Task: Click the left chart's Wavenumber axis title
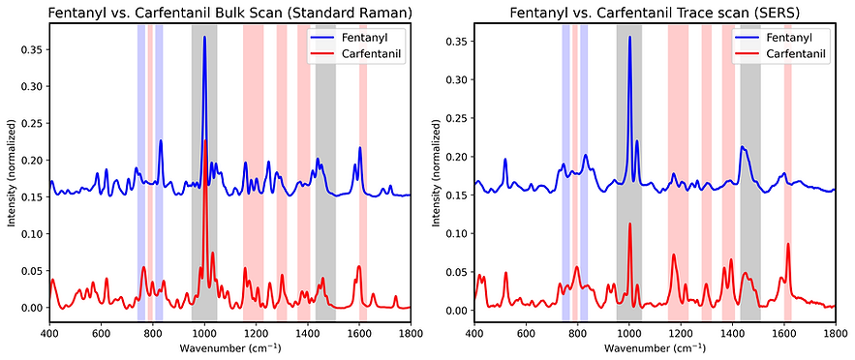(x=229, y=347)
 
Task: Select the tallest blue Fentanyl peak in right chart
(x=629, y=38)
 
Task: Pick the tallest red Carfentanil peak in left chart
(x=205, y=141)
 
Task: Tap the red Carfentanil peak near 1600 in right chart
(x=788, y=244)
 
